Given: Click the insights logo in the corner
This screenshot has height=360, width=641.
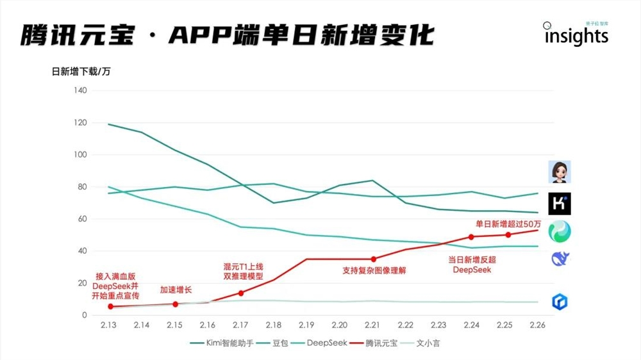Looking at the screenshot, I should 576,35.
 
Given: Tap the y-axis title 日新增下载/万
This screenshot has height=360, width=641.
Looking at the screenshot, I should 81,71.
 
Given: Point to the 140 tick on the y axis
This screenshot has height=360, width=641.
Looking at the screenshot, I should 79,90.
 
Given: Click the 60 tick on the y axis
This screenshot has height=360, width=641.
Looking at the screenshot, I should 81,219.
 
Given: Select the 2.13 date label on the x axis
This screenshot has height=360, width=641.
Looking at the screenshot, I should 108,325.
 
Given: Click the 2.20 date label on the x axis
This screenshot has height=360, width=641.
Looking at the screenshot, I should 339,325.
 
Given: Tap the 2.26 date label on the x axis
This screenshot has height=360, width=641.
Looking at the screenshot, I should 537,325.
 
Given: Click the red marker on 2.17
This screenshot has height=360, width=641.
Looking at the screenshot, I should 240,293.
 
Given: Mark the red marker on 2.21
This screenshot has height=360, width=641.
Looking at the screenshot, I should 373,259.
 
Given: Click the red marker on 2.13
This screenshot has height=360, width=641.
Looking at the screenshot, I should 110,307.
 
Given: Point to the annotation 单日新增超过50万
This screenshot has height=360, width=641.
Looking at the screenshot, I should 507,224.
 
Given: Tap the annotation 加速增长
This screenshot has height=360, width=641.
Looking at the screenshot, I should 175,290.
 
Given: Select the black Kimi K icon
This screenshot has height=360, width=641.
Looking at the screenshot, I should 559,204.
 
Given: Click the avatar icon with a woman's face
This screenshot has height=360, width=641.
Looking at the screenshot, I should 559,172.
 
